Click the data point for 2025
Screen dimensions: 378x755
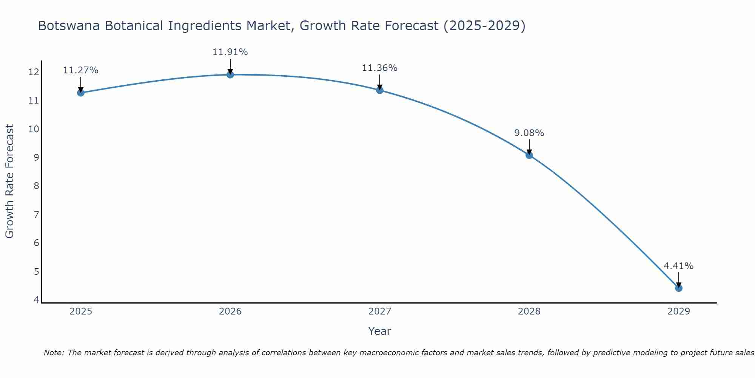80,93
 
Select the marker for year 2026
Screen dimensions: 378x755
230,74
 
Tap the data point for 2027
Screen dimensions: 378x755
380,90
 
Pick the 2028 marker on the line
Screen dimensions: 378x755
529,155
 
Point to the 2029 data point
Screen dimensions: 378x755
679,288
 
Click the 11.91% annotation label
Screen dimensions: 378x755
230,52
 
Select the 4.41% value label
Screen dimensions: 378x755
679,266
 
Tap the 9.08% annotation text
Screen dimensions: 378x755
529,133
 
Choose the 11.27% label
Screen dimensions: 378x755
80,70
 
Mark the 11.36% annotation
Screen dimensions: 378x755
380,68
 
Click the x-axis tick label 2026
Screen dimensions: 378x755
230,311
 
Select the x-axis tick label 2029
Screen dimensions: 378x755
679,311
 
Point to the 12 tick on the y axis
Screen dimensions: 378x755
34,72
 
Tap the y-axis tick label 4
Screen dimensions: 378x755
36,300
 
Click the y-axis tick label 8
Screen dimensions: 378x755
36,186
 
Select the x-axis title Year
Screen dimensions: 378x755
380,331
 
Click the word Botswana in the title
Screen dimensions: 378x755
69,26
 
